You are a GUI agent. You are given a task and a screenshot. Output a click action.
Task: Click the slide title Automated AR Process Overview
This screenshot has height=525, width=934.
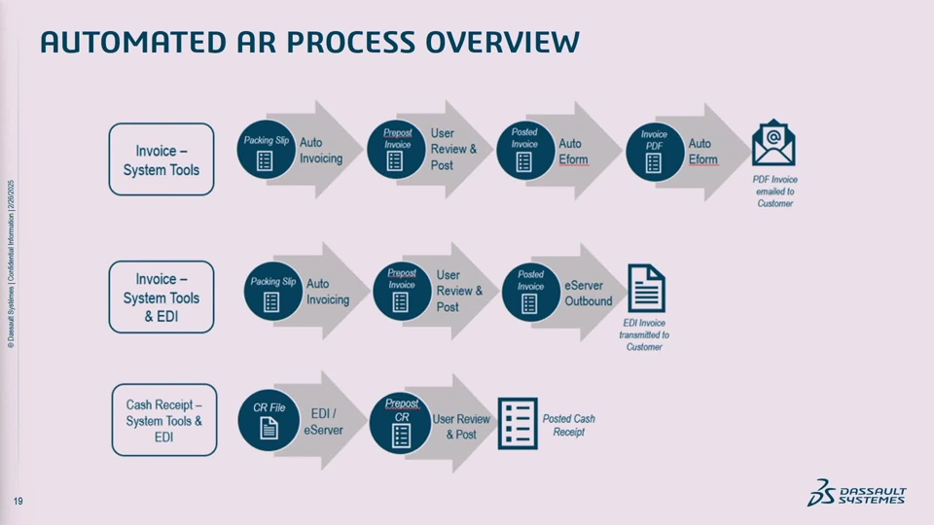[x=309, y=42]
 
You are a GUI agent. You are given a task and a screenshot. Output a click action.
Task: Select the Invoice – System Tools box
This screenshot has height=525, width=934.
[x=161, y=159]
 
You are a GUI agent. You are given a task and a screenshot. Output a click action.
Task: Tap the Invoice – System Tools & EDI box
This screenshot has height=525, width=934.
[x=161, y=297]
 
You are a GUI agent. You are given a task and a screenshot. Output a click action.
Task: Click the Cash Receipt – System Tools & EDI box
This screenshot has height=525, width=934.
[x=164, y=420]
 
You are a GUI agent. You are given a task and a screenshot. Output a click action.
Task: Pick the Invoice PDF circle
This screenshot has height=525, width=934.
[x=655, y=151]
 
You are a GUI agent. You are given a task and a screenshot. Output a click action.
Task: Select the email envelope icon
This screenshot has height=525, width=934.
[x=773, y=143]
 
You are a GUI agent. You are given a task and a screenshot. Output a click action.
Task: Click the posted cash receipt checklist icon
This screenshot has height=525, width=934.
[x=517, y=424]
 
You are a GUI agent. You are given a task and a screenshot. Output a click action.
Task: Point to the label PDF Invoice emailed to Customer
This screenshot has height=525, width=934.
[x=775, y=192]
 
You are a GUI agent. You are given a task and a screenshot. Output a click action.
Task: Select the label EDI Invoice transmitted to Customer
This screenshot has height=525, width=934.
[x=644, y=333]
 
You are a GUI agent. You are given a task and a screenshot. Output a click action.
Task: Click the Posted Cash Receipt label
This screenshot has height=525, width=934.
[x=568, y=425]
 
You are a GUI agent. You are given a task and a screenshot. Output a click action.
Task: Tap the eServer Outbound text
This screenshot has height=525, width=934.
[x=589, y=294]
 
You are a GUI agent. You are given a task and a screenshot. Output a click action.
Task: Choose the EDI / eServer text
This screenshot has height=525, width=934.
[x=323, y=421]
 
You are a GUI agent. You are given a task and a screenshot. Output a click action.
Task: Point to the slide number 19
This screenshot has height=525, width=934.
[x=18, y=501]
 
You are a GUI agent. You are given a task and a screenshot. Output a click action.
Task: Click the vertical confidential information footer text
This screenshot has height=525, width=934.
[x=10, y=262]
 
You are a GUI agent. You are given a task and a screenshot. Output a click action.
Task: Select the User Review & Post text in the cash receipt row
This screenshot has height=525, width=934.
[x=461, y=427]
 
